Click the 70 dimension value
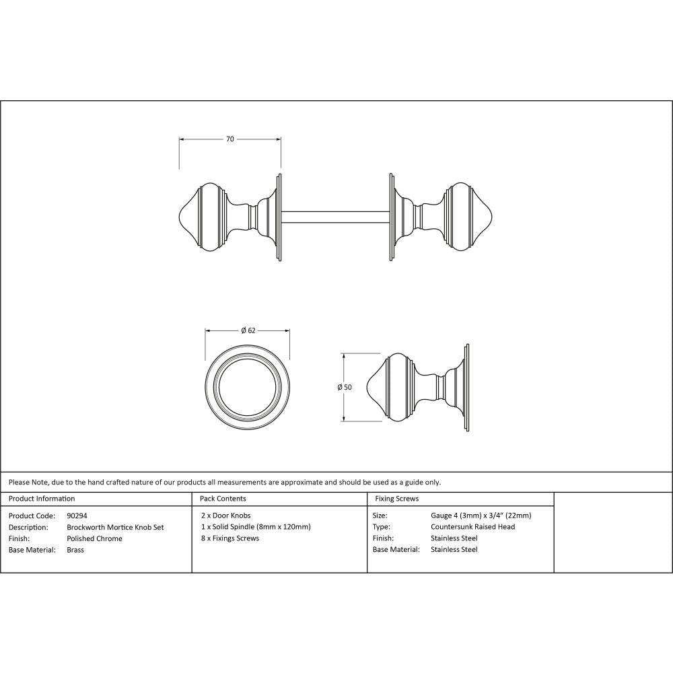[x=229, y=139]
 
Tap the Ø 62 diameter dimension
[x=248, y=330]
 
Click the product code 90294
[x=77, y=516]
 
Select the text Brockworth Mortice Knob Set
[x=115, y=527]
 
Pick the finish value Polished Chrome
[x=95, y=538]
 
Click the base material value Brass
[x=75, y=549]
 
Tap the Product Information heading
[x=42, y=499]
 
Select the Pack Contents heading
[x=223, y=499]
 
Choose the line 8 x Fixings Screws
[x=229, y=538]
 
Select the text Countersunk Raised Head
[x=472, y=527]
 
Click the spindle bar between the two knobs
[x=334, y=217]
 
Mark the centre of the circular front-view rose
[x=247, y=387]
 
